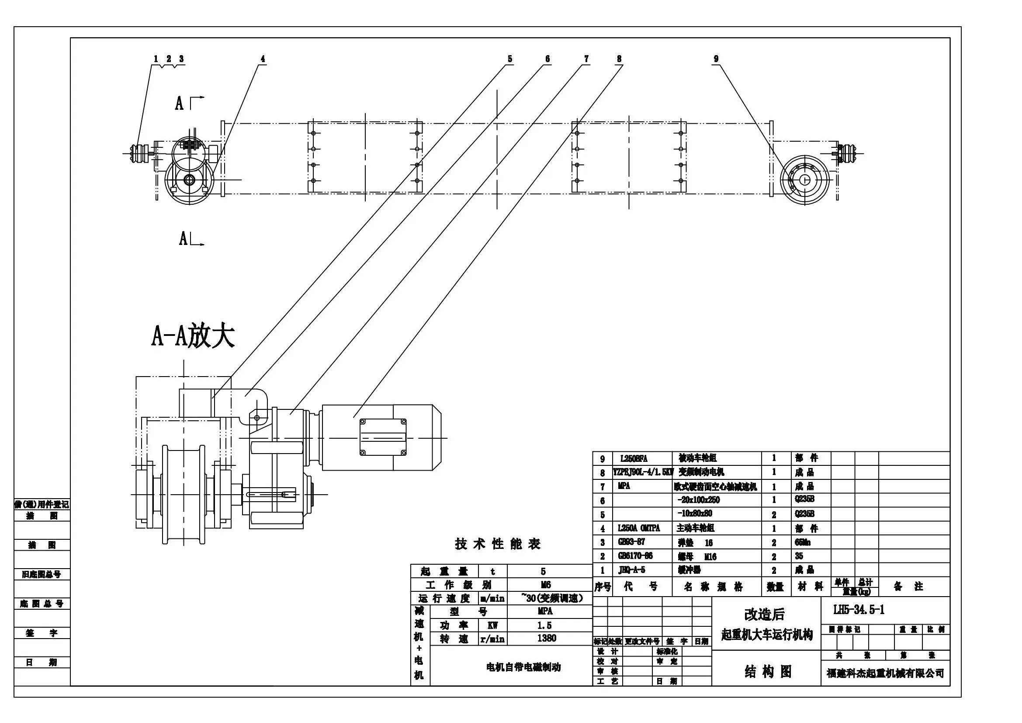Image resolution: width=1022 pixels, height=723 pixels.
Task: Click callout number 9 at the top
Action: (716, 59)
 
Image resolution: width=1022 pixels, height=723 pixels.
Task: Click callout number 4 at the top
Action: (263, 59)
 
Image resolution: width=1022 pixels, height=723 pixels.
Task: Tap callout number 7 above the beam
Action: (586, 59)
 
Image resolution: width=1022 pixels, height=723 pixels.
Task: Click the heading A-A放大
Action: (193, 336)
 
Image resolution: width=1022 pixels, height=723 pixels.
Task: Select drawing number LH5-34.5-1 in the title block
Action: (859, 609)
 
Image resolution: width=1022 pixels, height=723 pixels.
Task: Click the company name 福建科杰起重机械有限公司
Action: (885, 673)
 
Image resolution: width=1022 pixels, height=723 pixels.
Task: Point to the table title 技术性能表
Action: (498, 544)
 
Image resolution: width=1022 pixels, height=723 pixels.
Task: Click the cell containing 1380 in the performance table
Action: (546, 638)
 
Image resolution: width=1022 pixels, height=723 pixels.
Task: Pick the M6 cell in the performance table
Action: (545, 584)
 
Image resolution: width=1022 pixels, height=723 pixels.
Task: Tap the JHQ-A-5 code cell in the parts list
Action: (632, 570)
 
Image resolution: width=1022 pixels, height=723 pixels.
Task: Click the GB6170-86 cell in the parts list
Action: (635, 556)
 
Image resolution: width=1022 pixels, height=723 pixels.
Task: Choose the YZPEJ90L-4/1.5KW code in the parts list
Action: (643, 472)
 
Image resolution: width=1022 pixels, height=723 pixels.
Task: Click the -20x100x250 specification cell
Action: (698, 500)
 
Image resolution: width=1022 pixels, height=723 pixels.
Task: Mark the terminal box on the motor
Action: (383, 437)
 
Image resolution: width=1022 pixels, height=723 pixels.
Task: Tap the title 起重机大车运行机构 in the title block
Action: (766, 634)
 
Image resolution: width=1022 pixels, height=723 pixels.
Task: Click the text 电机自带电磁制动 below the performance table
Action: (523, 667)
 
